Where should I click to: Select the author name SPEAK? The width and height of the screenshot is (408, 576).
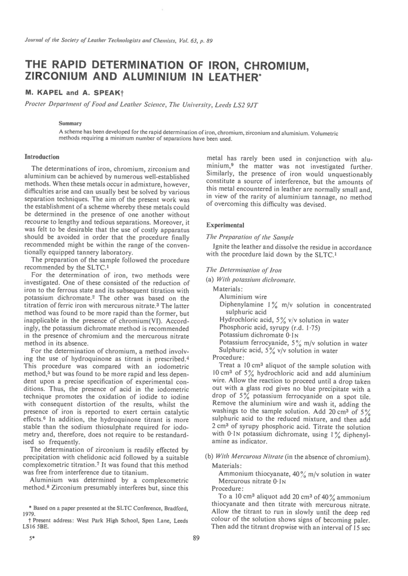pyautogui.click(x=104, y=92)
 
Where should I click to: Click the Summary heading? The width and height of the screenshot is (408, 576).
pyautogui.click(x=70, y=124)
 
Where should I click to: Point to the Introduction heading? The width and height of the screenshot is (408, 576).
pyautogui.click(x=42, y=157)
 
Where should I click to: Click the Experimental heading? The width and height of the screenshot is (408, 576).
pyautogui.click(x=225, y=225)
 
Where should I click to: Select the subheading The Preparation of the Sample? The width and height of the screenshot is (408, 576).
pyautogui.click(x=250, y=237)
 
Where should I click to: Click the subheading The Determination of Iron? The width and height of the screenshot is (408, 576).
pyautogui.click(x=244, y=270)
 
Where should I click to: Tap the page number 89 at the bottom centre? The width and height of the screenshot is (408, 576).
pyautogui.click(x=196, y=538)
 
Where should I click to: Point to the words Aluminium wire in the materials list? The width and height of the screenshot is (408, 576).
pyautogui.click(x=243, y=297)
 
